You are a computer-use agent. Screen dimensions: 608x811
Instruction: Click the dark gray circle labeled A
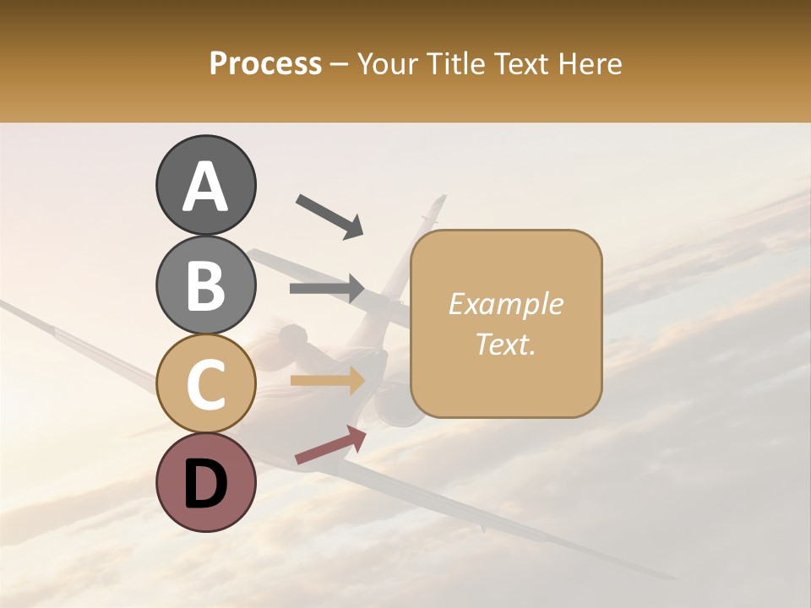coord(205,185)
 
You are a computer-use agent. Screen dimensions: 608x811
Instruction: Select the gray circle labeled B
coord(205,285)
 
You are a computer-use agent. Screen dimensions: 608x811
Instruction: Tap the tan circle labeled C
coord(205,383)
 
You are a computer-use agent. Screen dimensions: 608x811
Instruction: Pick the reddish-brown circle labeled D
coord(205,482)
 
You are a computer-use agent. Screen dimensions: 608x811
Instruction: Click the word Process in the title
coord(265,63)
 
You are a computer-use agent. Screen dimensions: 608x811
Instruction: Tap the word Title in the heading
coord(455,63)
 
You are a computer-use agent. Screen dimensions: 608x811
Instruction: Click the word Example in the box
coord(505,304)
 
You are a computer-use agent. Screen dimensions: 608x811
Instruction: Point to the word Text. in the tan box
coord(505,344)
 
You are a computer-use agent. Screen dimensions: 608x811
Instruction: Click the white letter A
coord(205,187)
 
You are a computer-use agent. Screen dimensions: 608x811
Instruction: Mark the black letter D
coord(205,484)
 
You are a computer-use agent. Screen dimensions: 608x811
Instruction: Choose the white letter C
coord(205,384)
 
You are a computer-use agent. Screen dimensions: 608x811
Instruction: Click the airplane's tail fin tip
coord(439,200)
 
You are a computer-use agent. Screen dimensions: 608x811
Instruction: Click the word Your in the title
coord(385,63)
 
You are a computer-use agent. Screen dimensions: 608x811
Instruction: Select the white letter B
coord(205,285)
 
